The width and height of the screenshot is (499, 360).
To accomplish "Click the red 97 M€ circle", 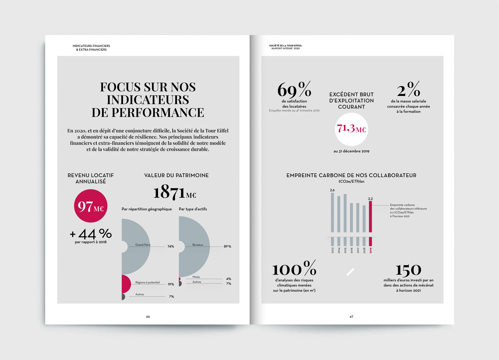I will tap(91, 206).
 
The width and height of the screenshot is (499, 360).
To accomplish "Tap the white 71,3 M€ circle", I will tap(351, 129).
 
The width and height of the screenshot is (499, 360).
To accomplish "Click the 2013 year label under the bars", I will tap(333, 250).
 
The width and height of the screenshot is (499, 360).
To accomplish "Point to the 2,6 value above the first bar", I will tap(332, 190).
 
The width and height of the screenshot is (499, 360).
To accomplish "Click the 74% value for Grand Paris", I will tap(171, 246).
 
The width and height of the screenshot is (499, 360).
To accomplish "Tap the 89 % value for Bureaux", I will tap(227, 246).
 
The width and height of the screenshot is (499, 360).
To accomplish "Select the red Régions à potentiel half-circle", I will tap(126, 284).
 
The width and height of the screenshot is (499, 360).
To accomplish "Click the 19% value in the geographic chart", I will tap(171, 284).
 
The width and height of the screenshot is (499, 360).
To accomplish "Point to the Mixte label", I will tap(196, 277).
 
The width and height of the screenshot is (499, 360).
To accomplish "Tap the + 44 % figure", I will tap(91, 234).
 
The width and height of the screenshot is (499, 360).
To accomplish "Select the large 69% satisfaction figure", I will tap(294, 89).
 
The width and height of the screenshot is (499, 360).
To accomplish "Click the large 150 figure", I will tap(408, 270).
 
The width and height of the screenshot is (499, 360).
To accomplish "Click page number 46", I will tap(148, 316).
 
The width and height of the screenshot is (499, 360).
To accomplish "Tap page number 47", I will tap(351, 316).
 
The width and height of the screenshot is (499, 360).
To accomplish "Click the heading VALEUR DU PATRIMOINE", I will tap(176, 175).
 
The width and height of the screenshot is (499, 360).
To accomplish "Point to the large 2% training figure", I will tap(408, 89).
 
